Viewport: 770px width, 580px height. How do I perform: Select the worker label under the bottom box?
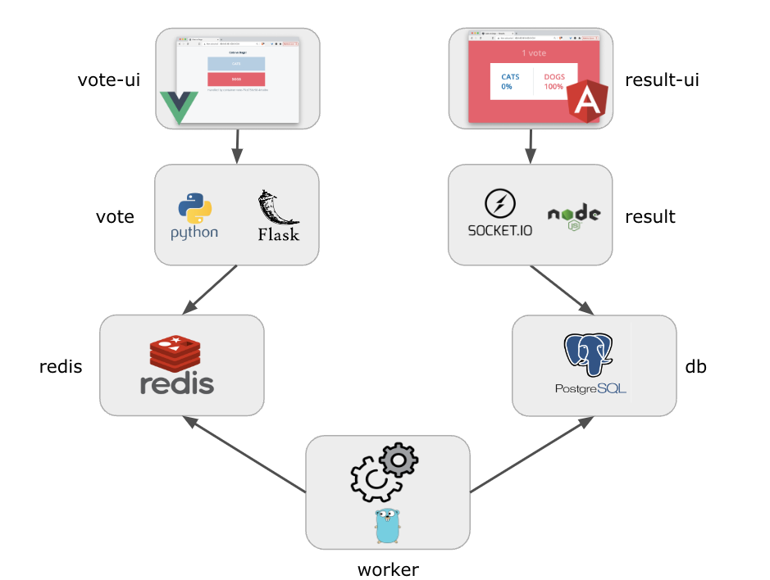click(388, 569)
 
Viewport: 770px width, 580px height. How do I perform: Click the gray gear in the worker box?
click(399, 460)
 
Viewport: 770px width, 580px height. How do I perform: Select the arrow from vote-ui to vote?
click(237, 146)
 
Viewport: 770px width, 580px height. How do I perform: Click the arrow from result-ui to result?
click(531, 146)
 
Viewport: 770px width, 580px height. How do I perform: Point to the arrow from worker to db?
click(531, 455)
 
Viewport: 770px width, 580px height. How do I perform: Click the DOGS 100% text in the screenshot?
click(554, 81)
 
